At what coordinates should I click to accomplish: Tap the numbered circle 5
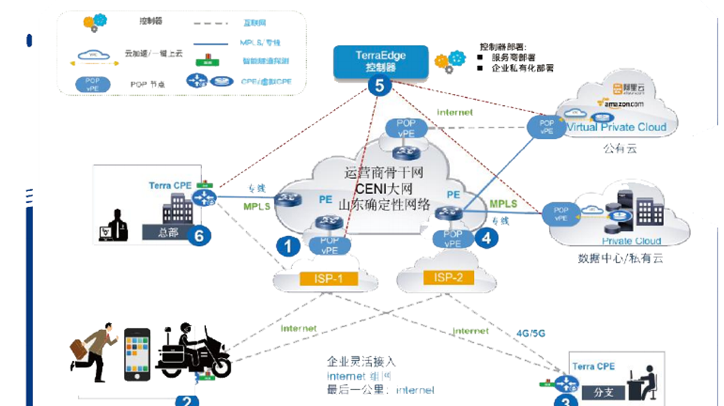click(x=379, y=86)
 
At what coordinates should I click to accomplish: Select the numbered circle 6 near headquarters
click(x=198, y=235)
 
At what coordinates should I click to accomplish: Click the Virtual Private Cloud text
click(x=616, y=128)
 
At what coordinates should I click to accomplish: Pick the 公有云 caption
click(x=620, y=149)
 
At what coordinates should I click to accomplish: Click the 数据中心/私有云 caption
click(x=620, y=259)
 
